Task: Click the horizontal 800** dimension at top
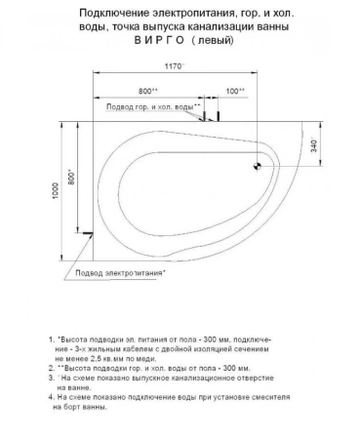149,91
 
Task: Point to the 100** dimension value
233,91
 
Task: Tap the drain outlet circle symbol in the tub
258,165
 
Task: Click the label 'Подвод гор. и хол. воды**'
153,106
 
